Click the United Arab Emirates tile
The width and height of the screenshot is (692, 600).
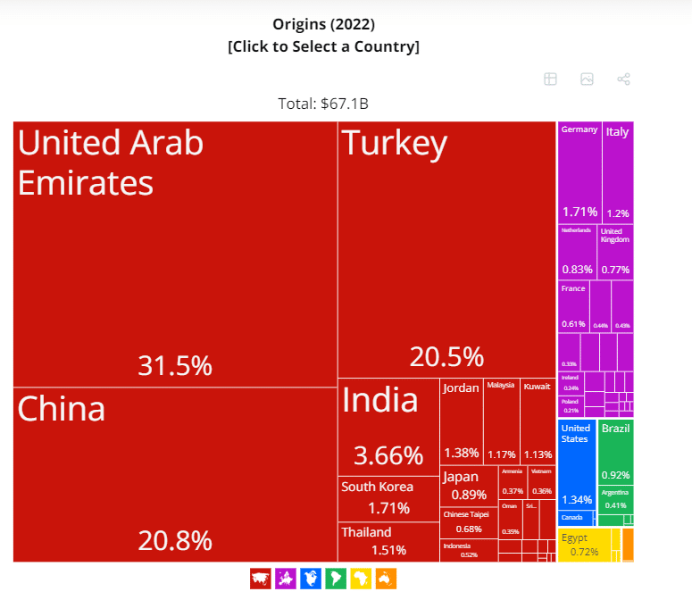[175, 254]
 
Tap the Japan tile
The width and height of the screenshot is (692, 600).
[468, 486]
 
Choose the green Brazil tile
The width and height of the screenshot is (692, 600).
[615, 452]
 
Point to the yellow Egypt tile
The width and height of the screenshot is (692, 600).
[584, 546]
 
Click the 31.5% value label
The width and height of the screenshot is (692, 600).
[175, 365]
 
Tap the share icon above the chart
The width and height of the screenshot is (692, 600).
[624, 79]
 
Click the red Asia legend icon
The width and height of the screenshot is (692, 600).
[261, 579]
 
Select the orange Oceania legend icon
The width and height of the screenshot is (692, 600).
[386, 579]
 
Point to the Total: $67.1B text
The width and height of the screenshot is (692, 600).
[323, 104]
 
